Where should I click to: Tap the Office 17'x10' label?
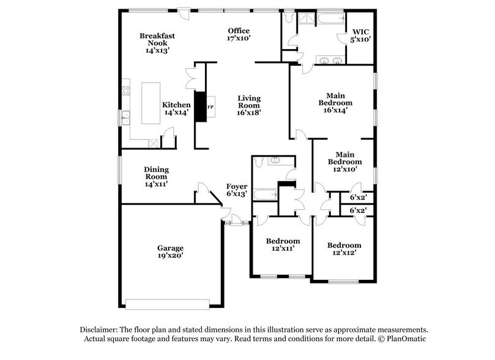tap(239, 34)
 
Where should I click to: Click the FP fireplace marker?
tap(210, 108)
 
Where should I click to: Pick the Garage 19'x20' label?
tap(170, 252)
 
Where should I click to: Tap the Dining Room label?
tap(156, 176)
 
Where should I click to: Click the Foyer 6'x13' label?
tap(237, 190)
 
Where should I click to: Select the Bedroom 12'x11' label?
tap(283, 245)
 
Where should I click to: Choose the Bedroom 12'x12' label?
tap(343, 249)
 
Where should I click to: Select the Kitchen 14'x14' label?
tap(175, 108)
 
